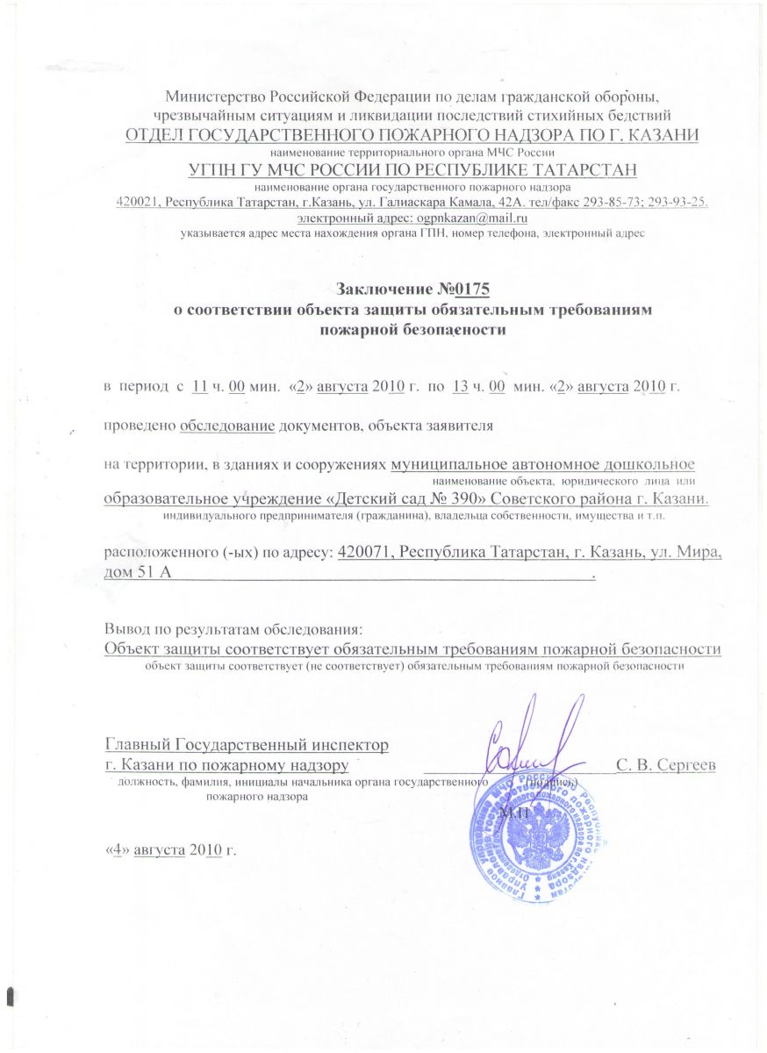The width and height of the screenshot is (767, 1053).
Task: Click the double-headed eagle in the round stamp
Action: [x=527, y=834]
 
